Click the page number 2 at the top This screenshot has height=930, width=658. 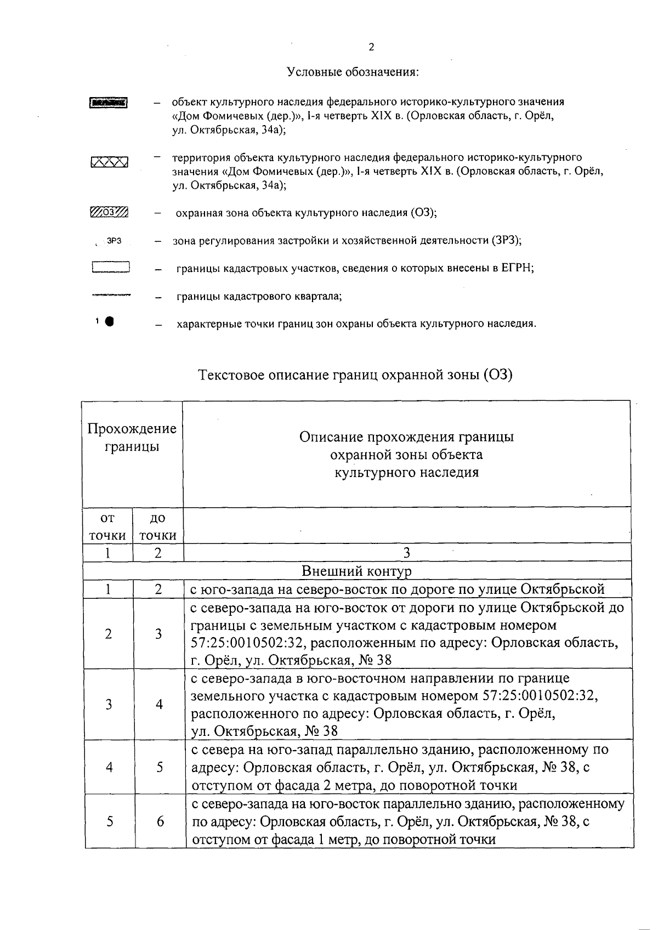click(x=371, y=47)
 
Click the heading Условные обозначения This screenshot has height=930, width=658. click(x=353, y=72)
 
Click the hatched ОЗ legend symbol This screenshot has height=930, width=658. click(x=109, y=212)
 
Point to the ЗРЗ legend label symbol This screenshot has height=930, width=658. click(x=113, y=240)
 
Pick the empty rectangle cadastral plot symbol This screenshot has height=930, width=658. click(x=110, y=268)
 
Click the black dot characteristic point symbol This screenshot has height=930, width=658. click(x=110, y=322)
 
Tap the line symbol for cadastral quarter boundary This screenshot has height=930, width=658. click(x=111, y=295)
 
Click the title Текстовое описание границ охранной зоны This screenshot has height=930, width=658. click(x=355, y=376)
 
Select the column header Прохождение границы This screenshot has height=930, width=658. click(x=132, y=438)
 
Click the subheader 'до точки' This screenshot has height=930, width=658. click(x=158, y=526)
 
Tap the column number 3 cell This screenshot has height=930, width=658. click(x=407, y=553)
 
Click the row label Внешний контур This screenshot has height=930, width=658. click(x=356, y=571)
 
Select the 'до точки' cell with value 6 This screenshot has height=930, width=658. click(x=160, y=821)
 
